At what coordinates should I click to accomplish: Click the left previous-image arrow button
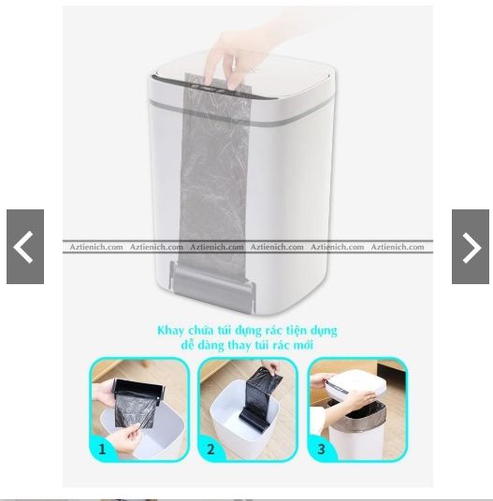(x=25, y=247)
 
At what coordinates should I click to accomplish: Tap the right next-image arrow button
(x=471, y=247)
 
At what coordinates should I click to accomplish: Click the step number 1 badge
(x=102, y=450)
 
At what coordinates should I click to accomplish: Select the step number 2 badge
(x=210, y=450)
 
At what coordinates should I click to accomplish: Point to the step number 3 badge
(x=321, y=450)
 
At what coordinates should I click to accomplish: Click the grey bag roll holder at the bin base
(x=212, y=285)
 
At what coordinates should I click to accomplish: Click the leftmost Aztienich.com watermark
(x=96, y=247)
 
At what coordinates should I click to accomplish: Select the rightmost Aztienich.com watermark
(x=398, y=247)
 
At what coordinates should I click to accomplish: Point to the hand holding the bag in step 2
(x=271, y=366)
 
